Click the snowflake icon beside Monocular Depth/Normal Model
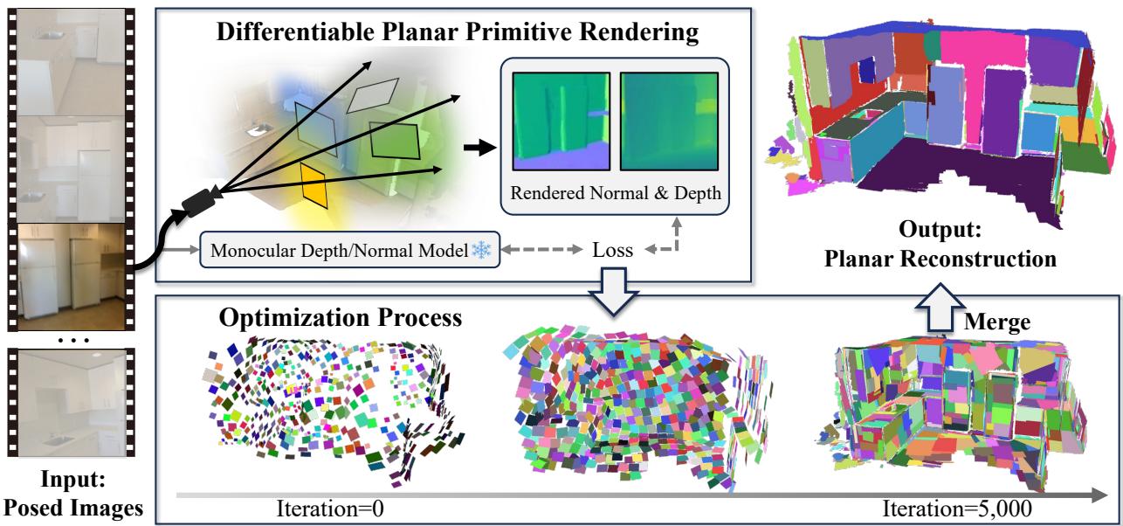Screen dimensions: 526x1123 click(481, 249)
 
